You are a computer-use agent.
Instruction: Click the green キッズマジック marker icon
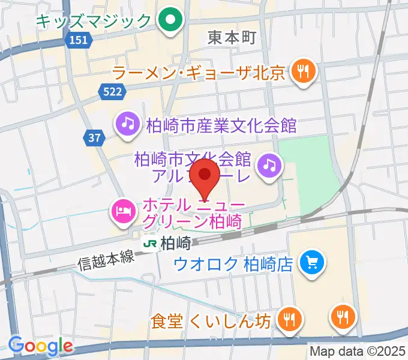(170, 22)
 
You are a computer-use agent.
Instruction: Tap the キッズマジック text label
(93, 22)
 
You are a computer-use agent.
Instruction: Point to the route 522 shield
(112, 91)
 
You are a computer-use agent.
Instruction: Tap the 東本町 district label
(232, 38)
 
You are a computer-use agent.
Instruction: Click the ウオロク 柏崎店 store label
(233, 263)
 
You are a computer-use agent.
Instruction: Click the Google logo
(40, 346)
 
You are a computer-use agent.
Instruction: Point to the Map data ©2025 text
(356, 352)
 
